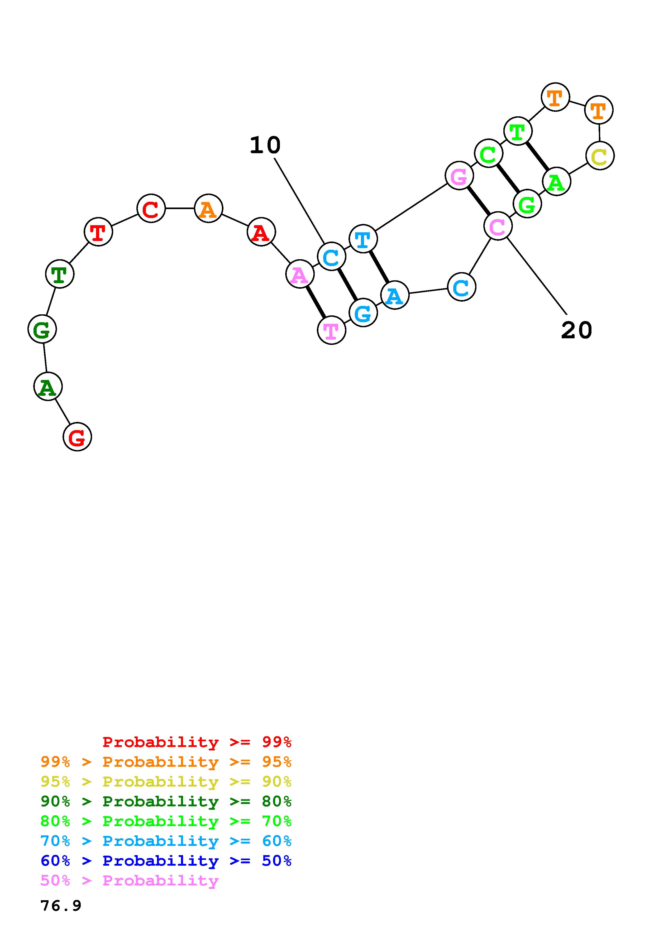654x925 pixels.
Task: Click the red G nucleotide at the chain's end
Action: (77, 437)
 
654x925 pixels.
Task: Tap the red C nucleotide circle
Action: (151, 208)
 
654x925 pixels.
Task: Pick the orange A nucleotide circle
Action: (208, 208)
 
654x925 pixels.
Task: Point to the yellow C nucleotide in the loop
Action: (600, 156)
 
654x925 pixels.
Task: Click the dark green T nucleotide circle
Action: (60, 274)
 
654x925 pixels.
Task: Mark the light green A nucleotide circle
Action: (556, 182)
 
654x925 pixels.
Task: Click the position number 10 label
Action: (265, 145)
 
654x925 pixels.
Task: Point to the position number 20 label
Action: (576, 330)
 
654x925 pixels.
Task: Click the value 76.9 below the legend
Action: (61, 906)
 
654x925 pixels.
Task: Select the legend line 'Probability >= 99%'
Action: (197, 742)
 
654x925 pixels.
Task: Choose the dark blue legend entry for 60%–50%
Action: (166, 861)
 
